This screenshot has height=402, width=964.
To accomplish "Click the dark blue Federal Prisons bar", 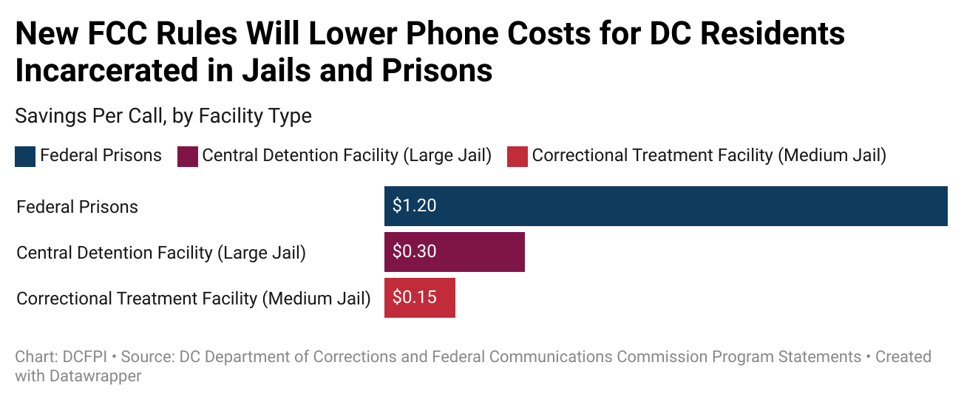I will pos(665,206).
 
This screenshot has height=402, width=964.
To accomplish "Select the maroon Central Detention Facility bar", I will pos(454,252).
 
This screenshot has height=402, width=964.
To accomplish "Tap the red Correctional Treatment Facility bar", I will pos(419,298).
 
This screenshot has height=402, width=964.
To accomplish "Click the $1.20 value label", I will pos(414,206).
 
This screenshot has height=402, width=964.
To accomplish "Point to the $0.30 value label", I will pos(414,252).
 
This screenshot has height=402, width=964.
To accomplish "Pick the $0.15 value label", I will pos(414,298).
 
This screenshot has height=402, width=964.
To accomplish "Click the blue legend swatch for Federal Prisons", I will pos(25,157).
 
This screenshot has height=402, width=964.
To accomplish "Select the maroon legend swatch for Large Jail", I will pos(188,157).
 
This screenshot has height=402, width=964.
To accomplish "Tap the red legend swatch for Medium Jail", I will pos(517,157).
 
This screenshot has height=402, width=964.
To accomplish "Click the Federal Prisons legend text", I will pos(101,156).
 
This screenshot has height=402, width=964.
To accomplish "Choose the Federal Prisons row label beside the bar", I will pos(77,207).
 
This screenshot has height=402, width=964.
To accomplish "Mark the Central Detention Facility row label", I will pos(161,253).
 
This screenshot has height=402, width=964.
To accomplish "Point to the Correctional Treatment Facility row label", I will pos(193,299).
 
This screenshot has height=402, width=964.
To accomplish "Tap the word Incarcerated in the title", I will pos(100,71).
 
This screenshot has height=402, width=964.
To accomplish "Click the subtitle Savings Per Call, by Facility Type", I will pos(163,116).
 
